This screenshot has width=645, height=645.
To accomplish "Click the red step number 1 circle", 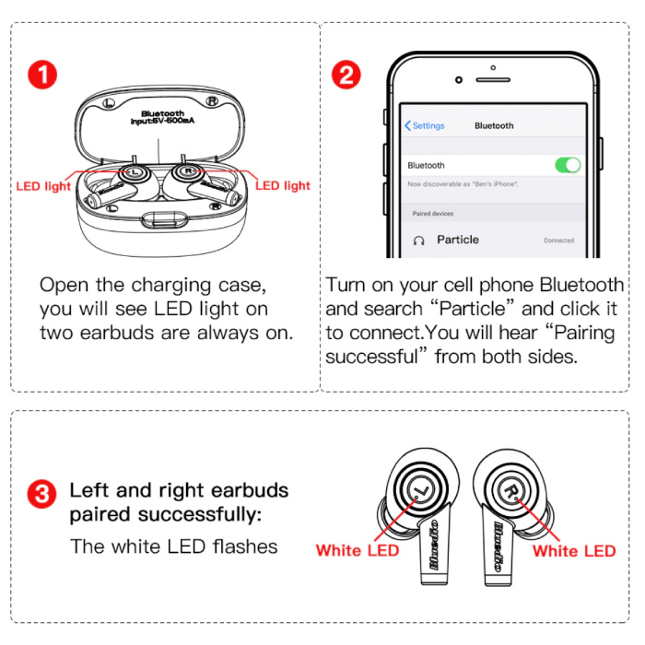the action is point(42,75).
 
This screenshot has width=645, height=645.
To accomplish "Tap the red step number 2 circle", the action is point(346,75).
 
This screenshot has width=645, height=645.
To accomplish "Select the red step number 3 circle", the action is point(41,494).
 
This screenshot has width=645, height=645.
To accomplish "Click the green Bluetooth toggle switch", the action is point(568,165).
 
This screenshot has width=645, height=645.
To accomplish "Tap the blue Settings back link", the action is point(425,125).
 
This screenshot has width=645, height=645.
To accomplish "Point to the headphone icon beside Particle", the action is point(418,240).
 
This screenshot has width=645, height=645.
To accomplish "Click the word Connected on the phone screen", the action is point(558,240).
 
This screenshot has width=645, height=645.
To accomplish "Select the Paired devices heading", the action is point(433,214).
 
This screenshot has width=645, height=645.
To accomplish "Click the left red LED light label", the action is point(43,186).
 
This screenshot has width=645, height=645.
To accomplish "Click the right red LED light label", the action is point(283,186).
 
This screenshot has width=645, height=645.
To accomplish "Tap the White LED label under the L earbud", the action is point(358,550).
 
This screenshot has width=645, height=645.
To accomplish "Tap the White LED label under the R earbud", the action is point(574,551).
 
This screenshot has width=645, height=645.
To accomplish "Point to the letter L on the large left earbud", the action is point(421,490).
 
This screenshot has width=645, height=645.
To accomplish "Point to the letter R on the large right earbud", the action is point(510,491).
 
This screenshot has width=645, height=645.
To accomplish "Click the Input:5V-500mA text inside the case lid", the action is point(162,121).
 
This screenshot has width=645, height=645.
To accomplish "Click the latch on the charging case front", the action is point(165,219).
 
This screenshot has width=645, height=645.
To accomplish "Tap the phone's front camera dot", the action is point(459,80).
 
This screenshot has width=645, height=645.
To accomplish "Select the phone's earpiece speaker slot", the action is point(493,80).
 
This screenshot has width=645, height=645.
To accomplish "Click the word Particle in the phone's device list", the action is point(458,240).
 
